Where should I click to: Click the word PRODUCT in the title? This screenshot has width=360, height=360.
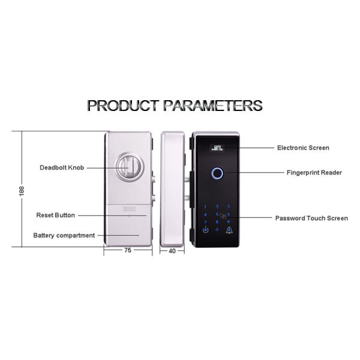click(123, 106)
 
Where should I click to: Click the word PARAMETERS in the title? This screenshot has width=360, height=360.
click(213, 106)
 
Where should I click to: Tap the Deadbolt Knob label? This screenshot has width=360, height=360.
click(62, 167)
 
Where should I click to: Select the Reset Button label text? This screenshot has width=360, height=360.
click(56, 215)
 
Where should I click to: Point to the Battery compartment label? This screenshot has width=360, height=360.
click(64, 235)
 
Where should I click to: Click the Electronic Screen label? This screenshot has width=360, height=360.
click(303, 148)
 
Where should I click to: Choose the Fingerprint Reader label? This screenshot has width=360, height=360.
click(314, 172)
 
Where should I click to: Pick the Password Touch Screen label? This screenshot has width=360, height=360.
click(311, 218)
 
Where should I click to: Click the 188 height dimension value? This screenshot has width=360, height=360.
click(22, 191)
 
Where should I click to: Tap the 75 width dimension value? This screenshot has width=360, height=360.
click(128, 250)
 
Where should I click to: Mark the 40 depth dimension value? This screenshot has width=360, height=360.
click(172, 251)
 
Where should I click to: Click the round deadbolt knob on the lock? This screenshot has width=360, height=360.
click(130, 167)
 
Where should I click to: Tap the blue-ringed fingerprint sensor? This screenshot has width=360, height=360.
click(217, 173)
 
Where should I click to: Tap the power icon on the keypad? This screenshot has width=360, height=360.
click(206, 230)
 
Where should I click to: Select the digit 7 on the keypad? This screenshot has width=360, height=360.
click(205, 222)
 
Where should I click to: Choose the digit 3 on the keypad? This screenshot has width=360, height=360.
click(229, 206)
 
